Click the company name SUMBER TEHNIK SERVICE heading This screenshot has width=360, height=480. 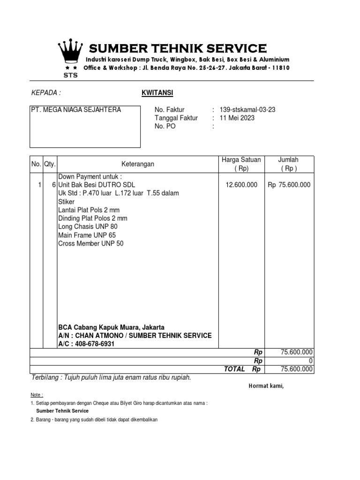[178, 48]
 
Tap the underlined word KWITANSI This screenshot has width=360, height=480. [157, 93]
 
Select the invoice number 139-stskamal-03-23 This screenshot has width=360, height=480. [247, 110]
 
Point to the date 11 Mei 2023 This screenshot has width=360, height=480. [237, 118]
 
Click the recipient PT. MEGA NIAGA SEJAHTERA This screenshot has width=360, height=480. [75, 110]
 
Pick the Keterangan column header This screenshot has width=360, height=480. [138, 164]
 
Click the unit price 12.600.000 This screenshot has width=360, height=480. [241, 185]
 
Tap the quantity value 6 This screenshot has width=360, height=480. [54, 185]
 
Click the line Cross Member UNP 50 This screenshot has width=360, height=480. [91, 244]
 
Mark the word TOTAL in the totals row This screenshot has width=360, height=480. [234, 369]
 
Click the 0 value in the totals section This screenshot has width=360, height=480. [310, 361]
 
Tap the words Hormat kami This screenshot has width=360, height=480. [266, 386]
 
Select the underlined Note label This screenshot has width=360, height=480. [37, 395]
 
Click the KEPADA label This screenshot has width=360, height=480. [46, 93]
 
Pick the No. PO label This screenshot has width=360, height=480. [165, 127]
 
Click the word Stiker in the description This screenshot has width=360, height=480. [67, 202]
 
